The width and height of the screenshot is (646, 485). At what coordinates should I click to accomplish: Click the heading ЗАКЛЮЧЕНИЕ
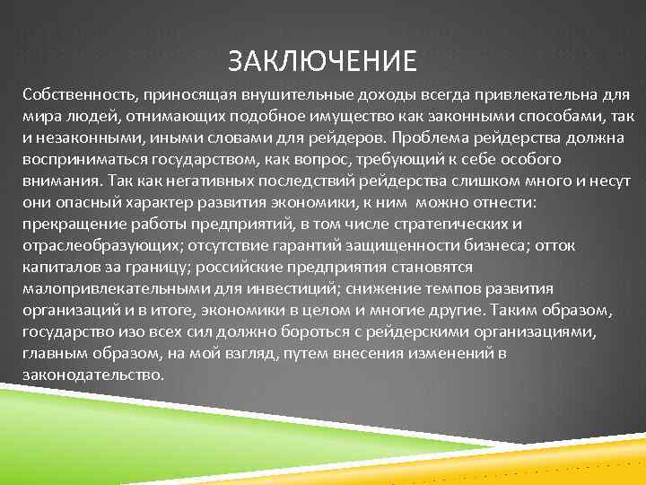pos(322,61)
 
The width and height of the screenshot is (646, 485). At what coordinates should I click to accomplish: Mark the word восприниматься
pos(83,159)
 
